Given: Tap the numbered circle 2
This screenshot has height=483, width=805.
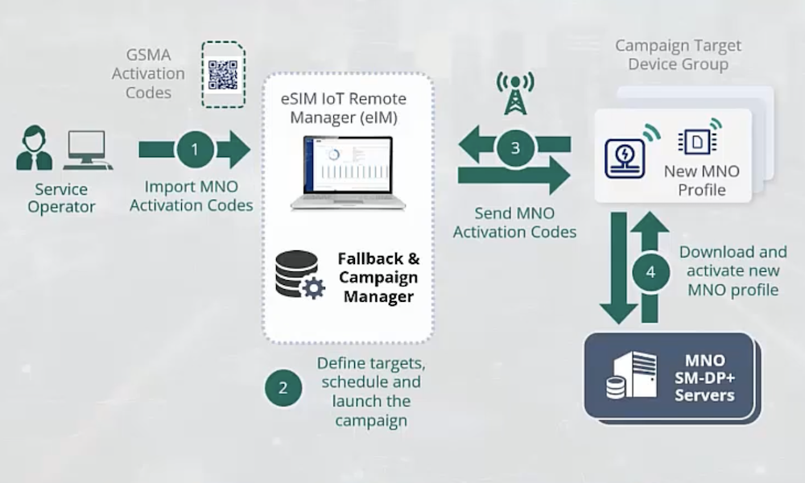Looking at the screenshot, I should tap(283, 388).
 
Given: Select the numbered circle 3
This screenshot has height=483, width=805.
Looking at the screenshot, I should tap(515, 147).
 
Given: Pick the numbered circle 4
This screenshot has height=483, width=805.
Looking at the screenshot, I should tap(650, 272).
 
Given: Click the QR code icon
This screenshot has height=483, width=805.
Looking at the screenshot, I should tap(224, 74).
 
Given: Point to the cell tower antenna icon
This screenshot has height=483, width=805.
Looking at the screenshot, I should tap(514, 92).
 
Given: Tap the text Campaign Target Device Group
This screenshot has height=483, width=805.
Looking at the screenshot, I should tap(678, 55).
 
